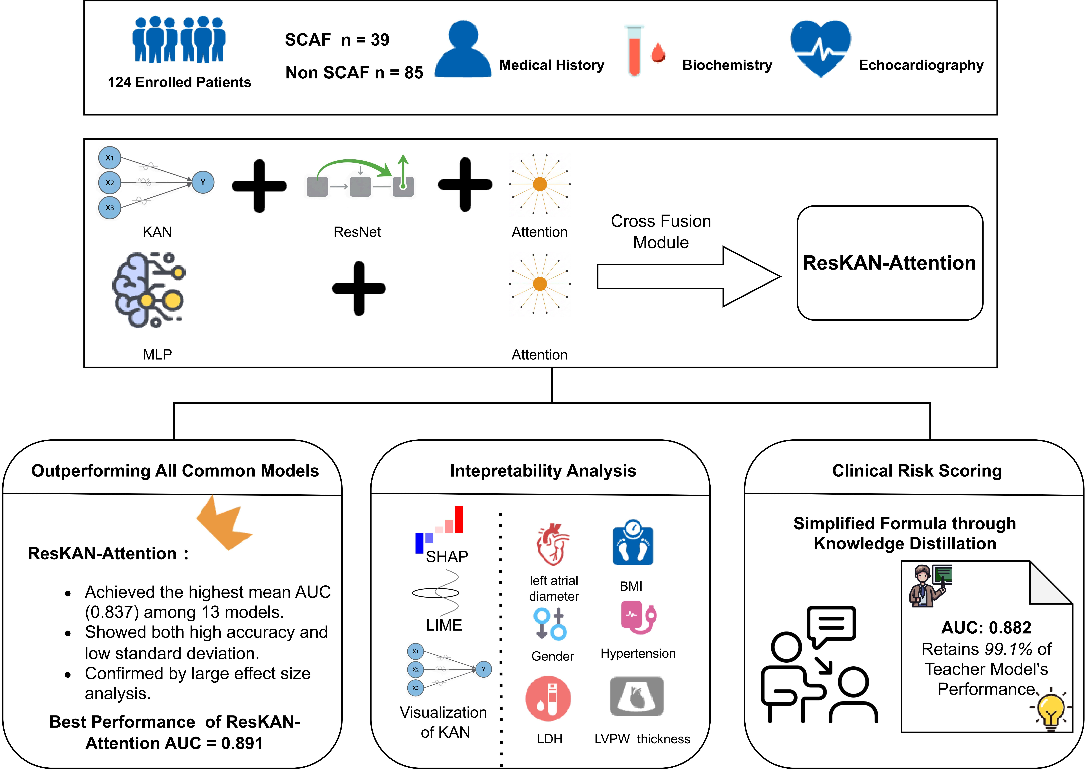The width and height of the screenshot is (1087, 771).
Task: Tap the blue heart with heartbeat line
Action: (x=820, y=47)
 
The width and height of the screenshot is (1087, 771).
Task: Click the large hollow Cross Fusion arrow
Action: (x=688, y=276)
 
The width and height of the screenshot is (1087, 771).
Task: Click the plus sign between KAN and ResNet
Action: (x=259, y=186)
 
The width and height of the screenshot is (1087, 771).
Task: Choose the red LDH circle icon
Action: (x=548, y=698)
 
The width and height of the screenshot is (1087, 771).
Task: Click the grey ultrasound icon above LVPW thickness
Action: (x=637, y=696)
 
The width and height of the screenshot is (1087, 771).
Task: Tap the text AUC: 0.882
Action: (x=986, y=628)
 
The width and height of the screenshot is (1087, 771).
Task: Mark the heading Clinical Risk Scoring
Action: (x=917, y=470)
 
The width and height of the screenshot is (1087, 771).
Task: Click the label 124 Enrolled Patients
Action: (x=179, y=82)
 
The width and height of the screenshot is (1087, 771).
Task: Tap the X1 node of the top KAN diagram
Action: (x=110, y=158)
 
